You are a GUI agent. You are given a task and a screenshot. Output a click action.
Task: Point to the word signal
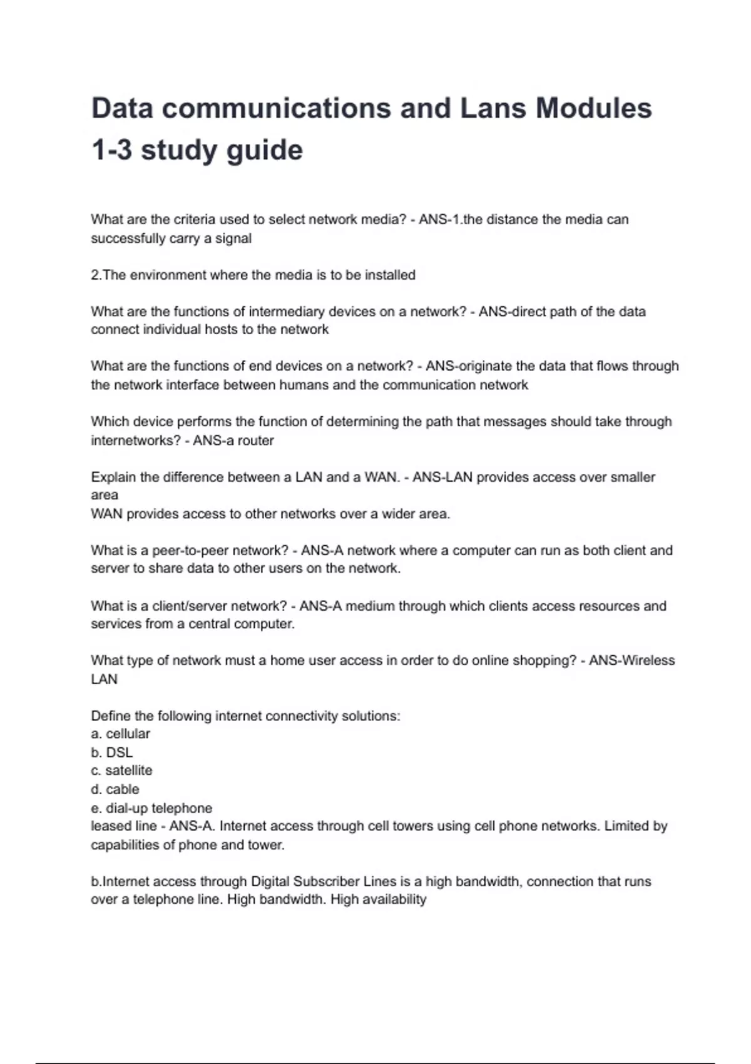pos(233,238)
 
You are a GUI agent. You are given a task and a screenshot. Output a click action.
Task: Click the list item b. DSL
pos(112,752)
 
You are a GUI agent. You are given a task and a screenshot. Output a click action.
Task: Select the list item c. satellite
pos(121,770)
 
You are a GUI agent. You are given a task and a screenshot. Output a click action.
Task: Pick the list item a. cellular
pos(120,734)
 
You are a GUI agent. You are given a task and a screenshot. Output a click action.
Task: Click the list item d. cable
pos(115,789)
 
